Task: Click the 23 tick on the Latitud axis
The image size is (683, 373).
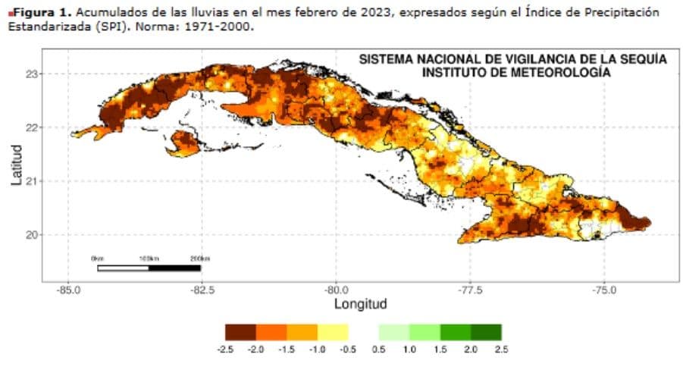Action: click(x=31, y=74)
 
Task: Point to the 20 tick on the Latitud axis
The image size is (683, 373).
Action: click(x=31, y=235)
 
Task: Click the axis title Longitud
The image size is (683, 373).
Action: click(x=361, y=304)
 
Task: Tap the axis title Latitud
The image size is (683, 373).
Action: click(x=16, y=165)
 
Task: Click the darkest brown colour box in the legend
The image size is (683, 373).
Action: click(x=240, y=332)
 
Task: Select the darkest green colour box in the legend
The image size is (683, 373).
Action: click(x=486, y=332)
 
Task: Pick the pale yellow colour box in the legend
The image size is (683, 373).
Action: click(x=333, y=332)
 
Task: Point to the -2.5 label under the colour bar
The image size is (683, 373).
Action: click(x=225, y=349)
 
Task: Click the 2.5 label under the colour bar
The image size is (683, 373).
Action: click(x=501, y=349)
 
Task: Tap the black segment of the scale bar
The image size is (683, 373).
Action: click(x=174, y=268)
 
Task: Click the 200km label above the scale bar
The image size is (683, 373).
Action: click(x=200, y=259)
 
